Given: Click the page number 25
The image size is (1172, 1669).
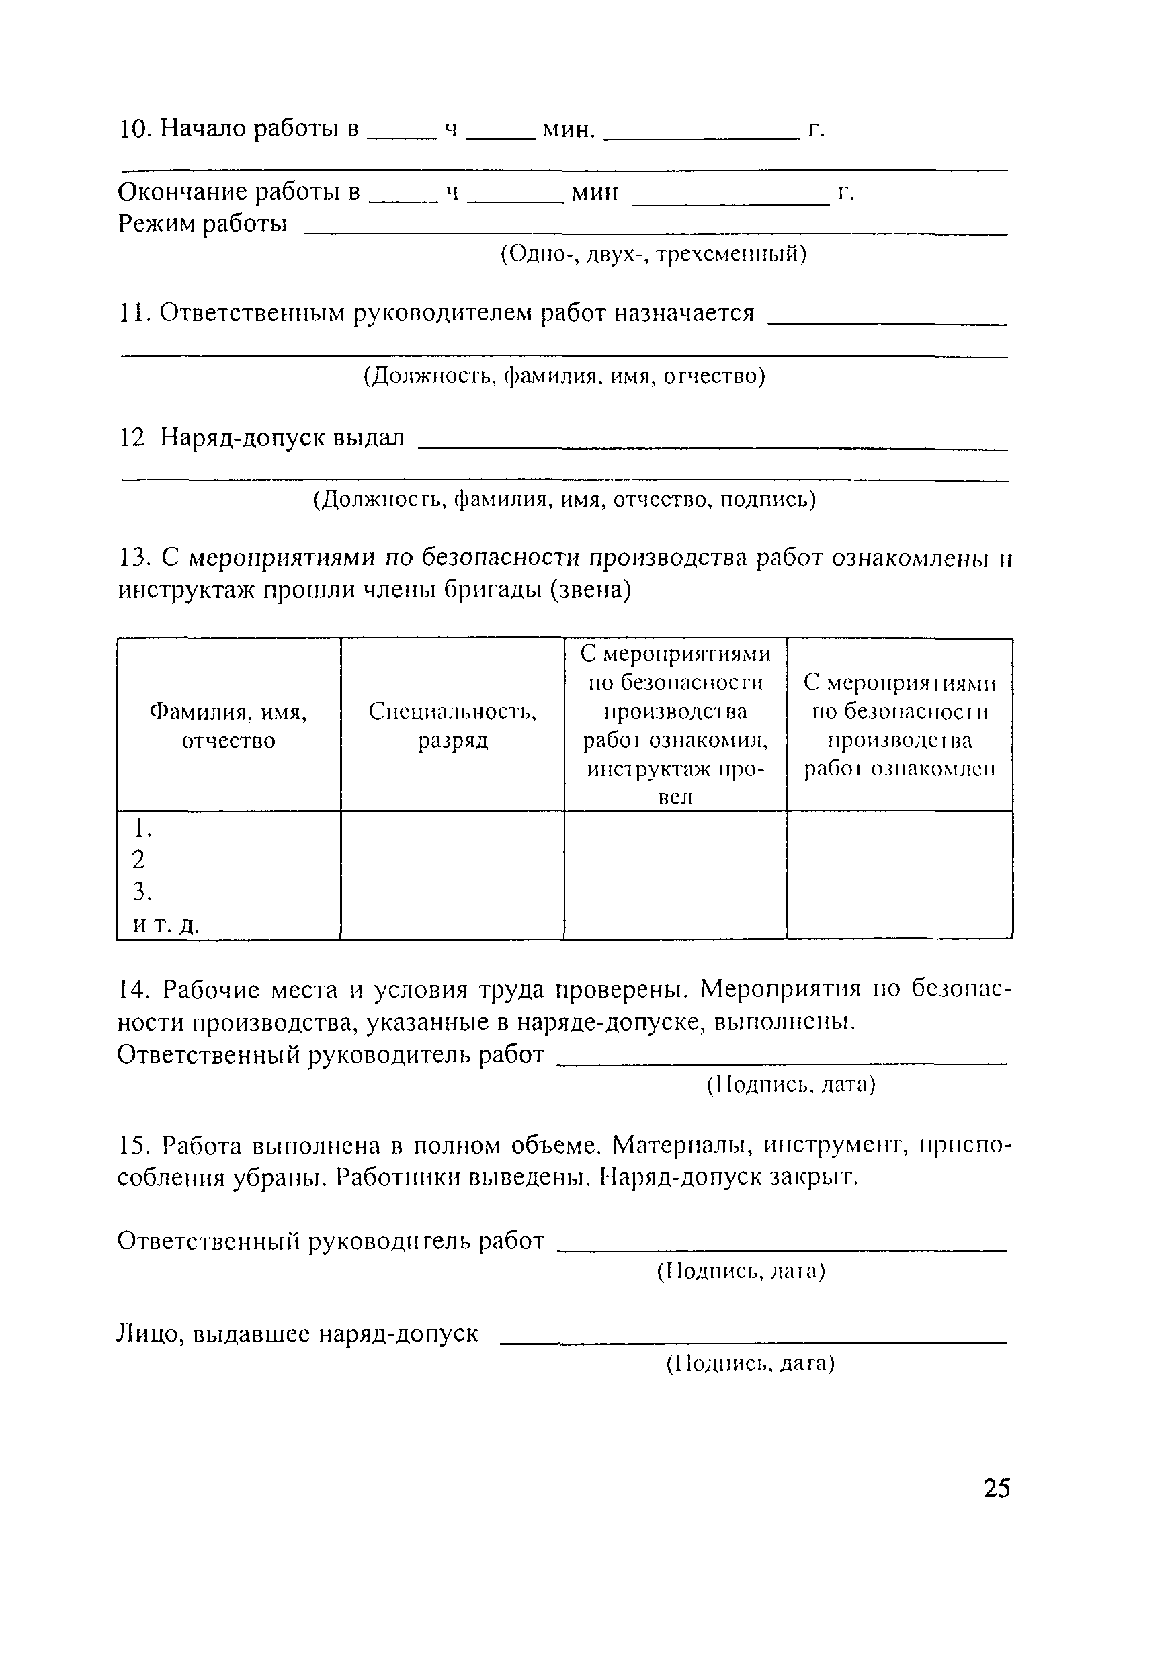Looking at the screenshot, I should click(996, 1488).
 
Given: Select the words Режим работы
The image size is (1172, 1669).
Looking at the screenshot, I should click(202, 224).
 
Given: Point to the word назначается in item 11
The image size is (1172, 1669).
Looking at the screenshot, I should click(684, 313).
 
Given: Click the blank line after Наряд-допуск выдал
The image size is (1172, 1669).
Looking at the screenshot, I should click(712, 447).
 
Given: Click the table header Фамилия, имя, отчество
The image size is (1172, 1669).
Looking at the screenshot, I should click(228, 726).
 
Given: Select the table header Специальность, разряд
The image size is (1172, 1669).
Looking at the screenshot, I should click(452, 726).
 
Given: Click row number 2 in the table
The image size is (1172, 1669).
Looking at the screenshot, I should click(139, 859).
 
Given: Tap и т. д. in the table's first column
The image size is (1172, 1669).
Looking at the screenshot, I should click(165, 924).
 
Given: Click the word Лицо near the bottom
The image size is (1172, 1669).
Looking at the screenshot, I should click(150, 1334).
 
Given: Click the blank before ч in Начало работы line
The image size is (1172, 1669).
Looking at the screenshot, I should click(403, 136).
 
